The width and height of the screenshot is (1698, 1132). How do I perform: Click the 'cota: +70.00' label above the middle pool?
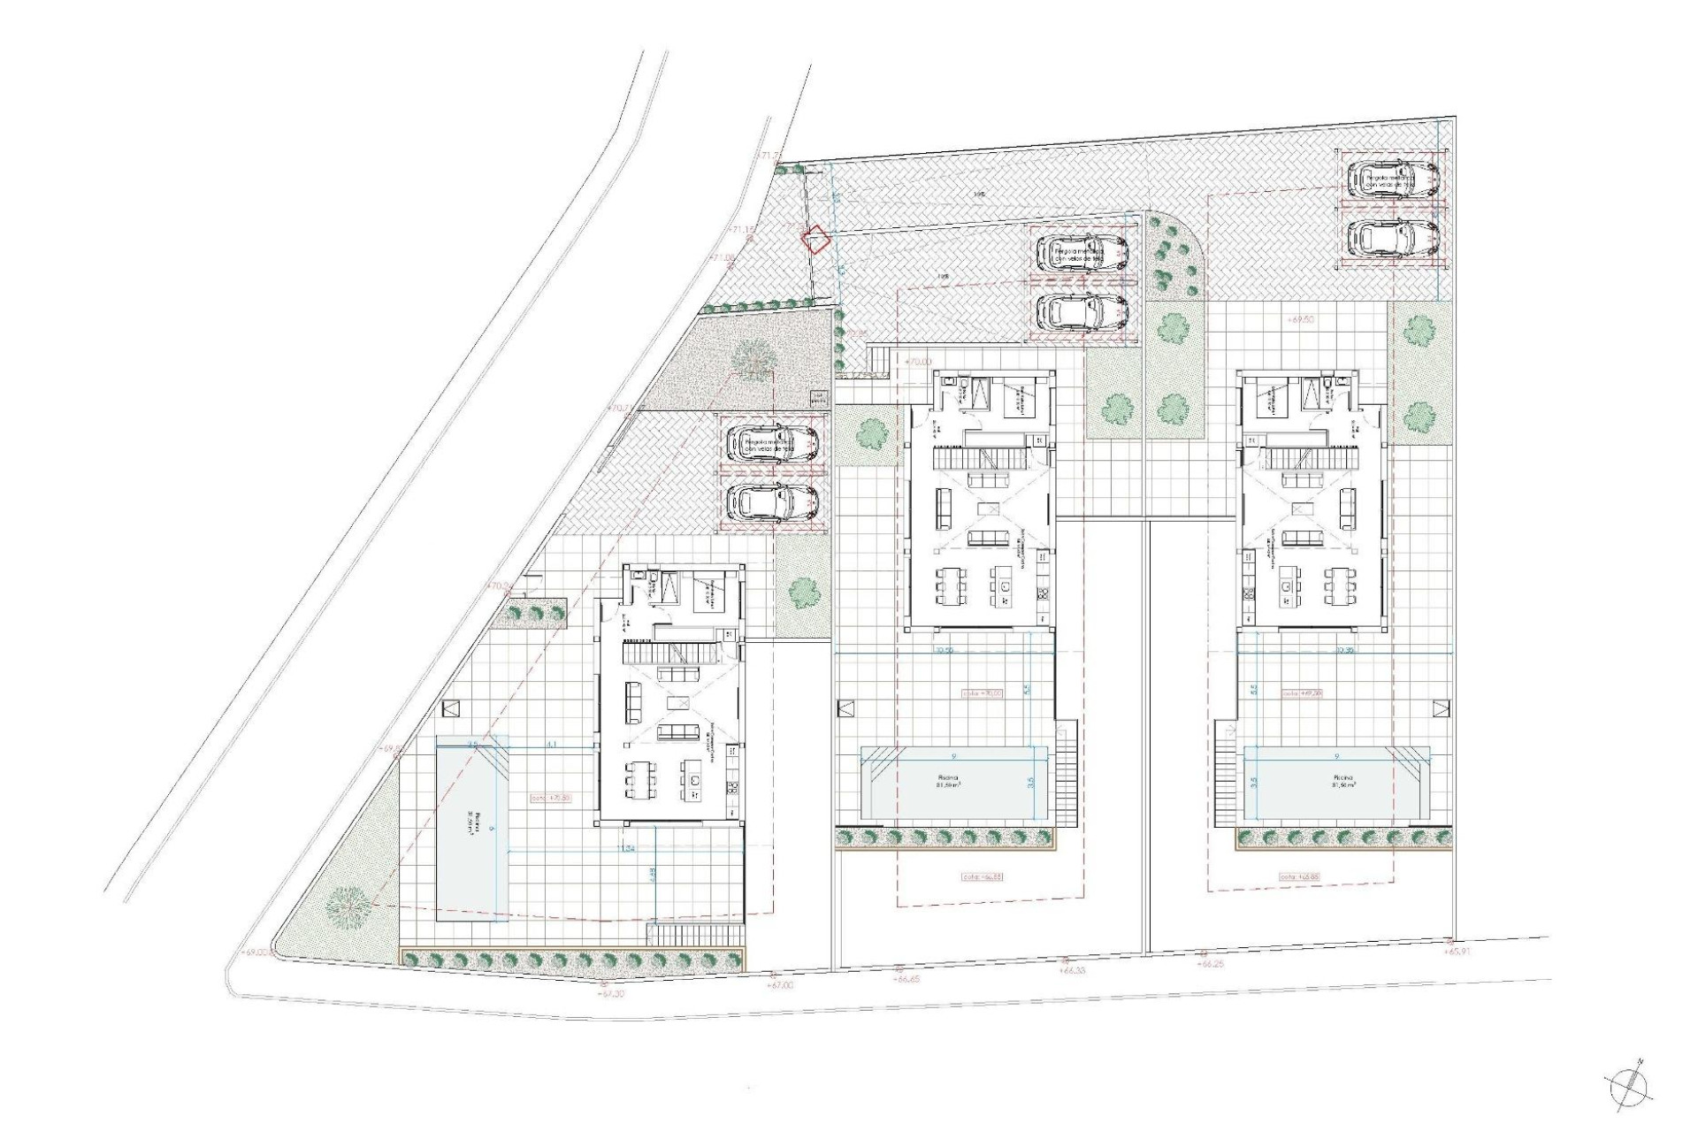(x=983, y=693)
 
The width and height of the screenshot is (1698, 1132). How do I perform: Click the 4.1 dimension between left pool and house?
(x=551, y=745)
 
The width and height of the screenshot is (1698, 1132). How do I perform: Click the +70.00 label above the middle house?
(x=920, y=361)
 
